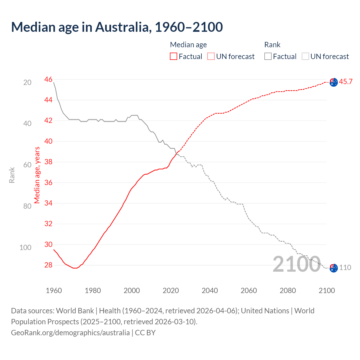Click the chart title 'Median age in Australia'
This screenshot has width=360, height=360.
[x=117, y=27]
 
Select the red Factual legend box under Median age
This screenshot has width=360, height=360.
[x=174, y=57]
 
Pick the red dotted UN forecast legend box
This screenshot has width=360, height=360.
[x=211, y=57]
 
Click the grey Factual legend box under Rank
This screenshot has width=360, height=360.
[x=268, y=57]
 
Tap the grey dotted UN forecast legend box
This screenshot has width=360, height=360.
[x=305, y=57]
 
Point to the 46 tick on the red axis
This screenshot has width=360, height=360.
[x=48, y=79]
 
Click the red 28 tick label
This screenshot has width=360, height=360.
[x=48, y=265]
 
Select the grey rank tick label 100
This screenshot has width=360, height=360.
[x=25, y=247]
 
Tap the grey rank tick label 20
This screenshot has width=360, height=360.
[x=27, y=82]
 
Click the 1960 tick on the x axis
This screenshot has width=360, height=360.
[x=54, y=291]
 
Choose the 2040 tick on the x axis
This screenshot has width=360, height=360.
[x=210, y=291]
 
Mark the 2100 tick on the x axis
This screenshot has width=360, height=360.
[x=327, y=291]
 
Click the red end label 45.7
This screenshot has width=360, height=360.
[x=346, y=82]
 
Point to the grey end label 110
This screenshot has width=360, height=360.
[x=345, y=267]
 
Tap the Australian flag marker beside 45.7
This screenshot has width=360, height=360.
[x=334, y=82]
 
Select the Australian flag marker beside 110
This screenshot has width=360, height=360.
[x=334, y=268]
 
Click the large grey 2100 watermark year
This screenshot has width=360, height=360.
[x=297, y=264]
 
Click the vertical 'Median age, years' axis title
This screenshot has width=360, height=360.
[x=37, y=175]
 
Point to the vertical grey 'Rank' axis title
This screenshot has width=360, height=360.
[x=12, y=175]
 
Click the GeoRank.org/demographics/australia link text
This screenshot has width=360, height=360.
[x=70, y=333]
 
